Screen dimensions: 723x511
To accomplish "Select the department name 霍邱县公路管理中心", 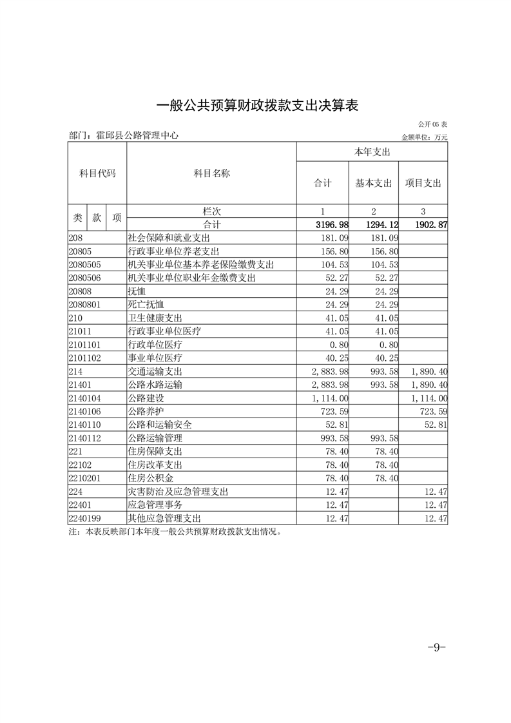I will [x=136, y=136].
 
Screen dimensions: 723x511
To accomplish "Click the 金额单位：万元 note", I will [x=424, y=137].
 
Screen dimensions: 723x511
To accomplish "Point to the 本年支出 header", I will [x=372, y=151].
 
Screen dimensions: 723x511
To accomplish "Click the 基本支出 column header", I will [x=374, y=183].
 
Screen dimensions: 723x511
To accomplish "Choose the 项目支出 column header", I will [x=423, y=183].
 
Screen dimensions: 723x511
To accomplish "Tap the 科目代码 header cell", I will [x=97, y=173].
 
